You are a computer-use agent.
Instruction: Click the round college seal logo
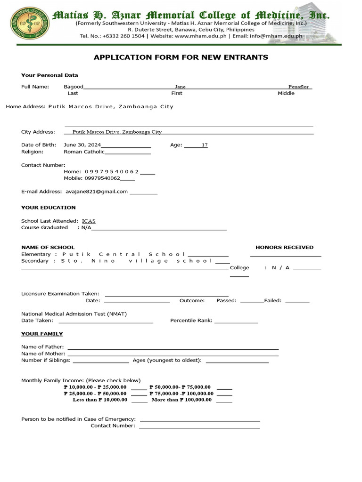click(29, 24)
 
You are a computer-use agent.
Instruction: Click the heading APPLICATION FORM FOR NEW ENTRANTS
click(181, 57)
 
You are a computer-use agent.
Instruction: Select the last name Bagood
click(74, 87)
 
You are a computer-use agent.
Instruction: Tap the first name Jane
click(180, 87)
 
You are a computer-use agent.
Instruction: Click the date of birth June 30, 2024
click(82, 145)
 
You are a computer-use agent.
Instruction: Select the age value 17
click(205, 145)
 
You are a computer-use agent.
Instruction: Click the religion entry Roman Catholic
click(84, 152)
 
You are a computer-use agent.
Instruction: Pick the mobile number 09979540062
click(102, 178)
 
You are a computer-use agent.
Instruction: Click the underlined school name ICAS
click(89, 221)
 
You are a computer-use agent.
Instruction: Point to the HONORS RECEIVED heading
click(284, 247)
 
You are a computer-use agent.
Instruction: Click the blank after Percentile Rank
click(236, 321)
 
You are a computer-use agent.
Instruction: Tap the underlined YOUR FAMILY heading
click(42, 334)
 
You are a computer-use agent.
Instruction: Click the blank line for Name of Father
click(173, 347)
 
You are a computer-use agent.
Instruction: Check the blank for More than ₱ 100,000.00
click(224, 400)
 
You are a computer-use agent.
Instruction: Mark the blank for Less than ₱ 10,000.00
click(139, 400)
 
